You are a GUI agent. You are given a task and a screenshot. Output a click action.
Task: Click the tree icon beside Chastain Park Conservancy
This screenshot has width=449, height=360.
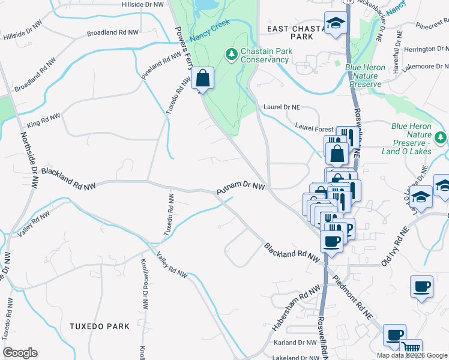coord(232,55)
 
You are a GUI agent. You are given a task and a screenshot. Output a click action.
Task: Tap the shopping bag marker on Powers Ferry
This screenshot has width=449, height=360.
coord(203,79)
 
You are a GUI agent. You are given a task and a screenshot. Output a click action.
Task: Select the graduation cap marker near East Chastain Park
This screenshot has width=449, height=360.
coord(335,24)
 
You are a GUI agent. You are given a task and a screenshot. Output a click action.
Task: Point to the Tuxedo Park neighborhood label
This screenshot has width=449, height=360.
coord(100,326)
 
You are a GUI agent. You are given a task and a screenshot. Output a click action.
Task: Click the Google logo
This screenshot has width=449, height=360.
coord(20,353)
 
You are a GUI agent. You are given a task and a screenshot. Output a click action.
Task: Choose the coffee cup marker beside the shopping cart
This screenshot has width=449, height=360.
coord(394,335)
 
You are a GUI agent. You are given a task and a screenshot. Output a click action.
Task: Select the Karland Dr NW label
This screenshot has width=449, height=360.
coord(295,343)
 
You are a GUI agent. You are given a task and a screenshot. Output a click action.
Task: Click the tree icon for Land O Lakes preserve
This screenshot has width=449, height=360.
coord(441,137)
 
